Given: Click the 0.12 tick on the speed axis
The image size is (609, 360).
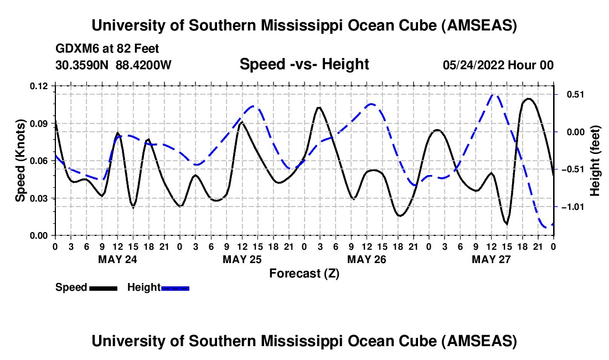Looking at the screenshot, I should coord(39,86).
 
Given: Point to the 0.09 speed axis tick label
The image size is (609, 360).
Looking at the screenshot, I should coord(39,123).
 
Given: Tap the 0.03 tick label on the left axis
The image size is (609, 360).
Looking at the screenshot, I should coord(39,198).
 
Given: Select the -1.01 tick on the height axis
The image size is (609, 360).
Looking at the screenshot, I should coord(571,207).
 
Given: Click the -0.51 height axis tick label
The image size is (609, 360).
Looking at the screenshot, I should coord(571,169).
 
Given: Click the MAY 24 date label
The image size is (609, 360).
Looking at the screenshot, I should coord(117,259).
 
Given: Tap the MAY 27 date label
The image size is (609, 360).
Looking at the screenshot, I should coord(491,259).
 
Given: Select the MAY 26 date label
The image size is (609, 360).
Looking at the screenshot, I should coord(367,259).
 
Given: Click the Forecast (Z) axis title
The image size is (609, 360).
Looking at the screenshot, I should coord(304,273).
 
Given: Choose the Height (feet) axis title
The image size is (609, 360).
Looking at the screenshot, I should coord(595,161).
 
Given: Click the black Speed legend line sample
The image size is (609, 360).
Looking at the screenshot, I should coord(103,288).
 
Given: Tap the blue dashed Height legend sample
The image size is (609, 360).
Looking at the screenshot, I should coord(176,288).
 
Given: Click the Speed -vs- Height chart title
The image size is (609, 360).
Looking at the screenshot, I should coord(304,65).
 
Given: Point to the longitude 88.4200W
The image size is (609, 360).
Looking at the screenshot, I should coord(143,65).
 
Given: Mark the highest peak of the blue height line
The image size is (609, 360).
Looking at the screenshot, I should coord(494,95).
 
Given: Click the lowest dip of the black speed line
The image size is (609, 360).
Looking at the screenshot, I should coord(506,224).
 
